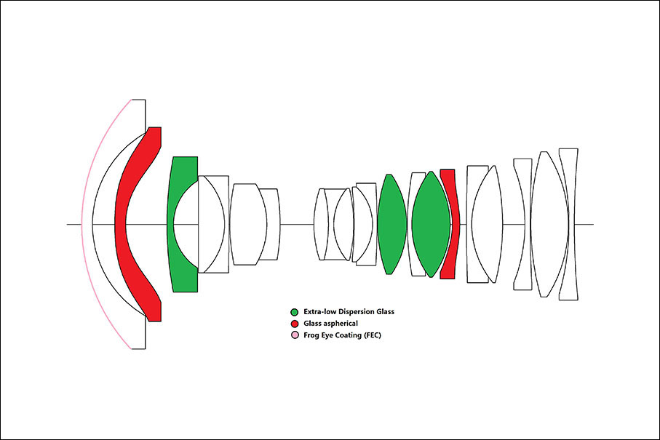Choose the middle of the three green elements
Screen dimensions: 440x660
(x=391, y=224)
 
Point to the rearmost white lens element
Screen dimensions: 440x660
(x=568, y=224)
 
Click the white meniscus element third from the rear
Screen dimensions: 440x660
(x=521, y=224)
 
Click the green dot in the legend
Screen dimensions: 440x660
(x=294, y=312)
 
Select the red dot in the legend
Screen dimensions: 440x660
(x=294, y=324)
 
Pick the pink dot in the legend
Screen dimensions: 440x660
(x=294, y=335)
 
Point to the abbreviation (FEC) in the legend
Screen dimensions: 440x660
(x=368, y=335)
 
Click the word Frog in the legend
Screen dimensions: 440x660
(x=311, y=335)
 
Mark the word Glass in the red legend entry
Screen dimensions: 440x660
(x=314, y=324)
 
